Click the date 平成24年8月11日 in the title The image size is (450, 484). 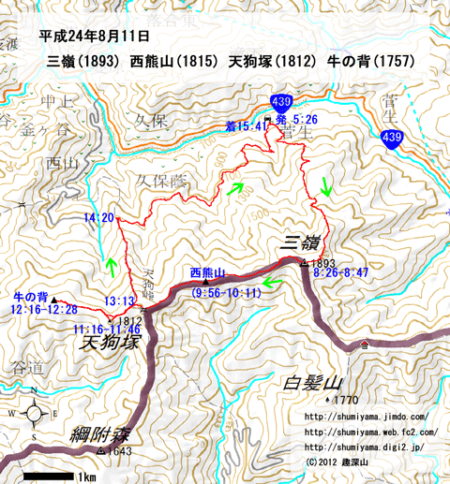96,37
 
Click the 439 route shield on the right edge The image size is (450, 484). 392,139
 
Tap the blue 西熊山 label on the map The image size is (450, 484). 208,272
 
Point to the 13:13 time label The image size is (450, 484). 120,301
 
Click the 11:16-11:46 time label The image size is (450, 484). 105,330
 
